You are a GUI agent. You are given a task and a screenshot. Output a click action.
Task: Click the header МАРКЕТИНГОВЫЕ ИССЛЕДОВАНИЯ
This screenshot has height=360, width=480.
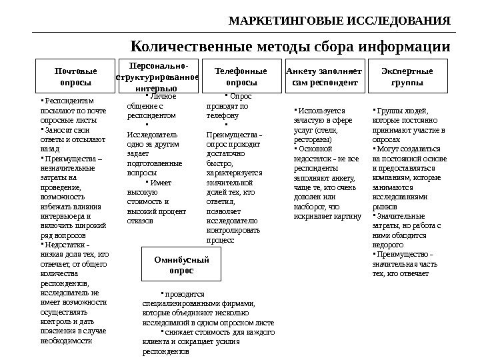(339, 20)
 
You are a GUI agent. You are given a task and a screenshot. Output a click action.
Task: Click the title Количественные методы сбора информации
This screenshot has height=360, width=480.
(290, 47)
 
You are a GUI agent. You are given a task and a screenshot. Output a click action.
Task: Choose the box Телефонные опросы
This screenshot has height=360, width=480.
(241, 77)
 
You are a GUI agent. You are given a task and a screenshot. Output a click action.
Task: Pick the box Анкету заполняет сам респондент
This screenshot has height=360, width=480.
(323, 77)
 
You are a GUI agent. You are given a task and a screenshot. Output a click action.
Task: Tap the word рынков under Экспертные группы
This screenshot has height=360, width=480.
(383, 207)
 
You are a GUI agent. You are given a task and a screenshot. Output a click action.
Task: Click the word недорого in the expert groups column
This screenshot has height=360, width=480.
(387, 245)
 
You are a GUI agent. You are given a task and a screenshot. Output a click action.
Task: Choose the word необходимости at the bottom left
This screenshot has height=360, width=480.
(66, 340)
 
